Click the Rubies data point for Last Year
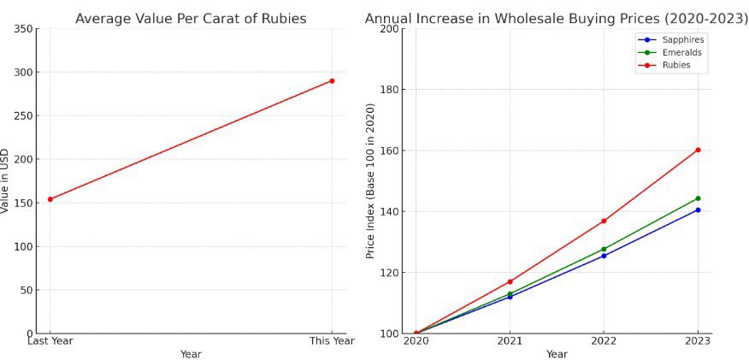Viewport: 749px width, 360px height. (50, 199)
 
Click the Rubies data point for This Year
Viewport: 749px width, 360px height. (332, 81)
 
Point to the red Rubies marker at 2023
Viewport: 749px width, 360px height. (698, 150)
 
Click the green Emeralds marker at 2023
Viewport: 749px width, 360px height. (698, 198)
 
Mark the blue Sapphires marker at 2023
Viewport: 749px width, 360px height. (698, 210)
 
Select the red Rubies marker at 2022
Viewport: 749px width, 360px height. (604, 221)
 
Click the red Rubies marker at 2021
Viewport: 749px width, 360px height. (510, 281)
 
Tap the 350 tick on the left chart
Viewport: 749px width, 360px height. (24, 29)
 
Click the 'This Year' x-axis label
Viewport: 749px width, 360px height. (332, 341)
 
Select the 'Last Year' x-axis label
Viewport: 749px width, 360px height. (50, 341)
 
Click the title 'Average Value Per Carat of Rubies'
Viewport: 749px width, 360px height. (191, 18)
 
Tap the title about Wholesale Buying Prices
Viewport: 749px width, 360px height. (556, 18)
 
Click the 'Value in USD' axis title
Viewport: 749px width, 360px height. (5, 180)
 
